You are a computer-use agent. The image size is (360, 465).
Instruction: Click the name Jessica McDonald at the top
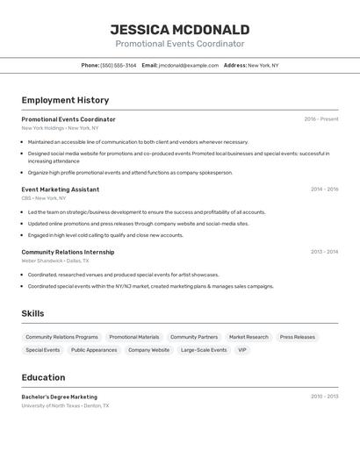pyautogui.click(x=179, y=29)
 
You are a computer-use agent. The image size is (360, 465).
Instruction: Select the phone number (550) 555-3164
pyautogui.click(x=119, y=65)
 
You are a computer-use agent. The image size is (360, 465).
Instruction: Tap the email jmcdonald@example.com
pyautogui.click(x=189, y=65)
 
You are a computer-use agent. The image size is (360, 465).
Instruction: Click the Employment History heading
pyautogui.click(x=65, y=100)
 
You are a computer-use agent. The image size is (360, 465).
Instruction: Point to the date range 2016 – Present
pyautogui.click(x=320, y=119)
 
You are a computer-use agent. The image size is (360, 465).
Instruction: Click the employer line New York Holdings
pyautogui.click(x=60, y=128)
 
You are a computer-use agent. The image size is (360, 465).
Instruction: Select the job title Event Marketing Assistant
pyautogui.click(x=60, y=190)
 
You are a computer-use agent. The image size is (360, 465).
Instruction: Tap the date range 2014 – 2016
pyautogui.click(x=324, y=190)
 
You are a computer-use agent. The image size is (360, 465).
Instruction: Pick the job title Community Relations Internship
pyautogui.click(x=68, y=252)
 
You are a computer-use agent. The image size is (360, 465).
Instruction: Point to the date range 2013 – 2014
pyautogui.click(x=324, y=252)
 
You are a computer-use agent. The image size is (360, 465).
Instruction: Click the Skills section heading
pyautogui.click(x=32, y=313)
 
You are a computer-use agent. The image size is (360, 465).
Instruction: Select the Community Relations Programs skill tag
pyautogui.click(x=61, y=337)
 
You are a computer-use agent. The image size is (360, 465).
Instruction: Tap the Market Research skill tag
pyautogui.click(x=248, y=337)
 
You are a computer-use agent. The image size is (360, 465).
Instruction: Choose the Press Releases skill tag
pyautogui.click(x=297, y=337)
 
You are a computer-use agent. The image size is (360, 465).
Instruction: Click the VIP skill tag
pyautogui.click(x=242, y=350)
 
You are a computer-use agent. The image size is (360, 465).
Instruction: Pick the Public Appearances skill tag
pyautogui.click(x=94, y=350)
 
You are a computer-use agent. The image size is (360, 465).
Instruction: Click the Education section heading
pyautogui.click(x=43, y=377)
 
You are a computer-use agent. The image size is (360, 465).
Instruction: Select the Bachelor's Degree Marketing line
pyautogui.click(x=59, y=397)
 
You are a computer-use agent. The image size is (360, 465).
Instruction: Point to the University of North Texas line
pyautogui.click(x=65, y=405)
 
